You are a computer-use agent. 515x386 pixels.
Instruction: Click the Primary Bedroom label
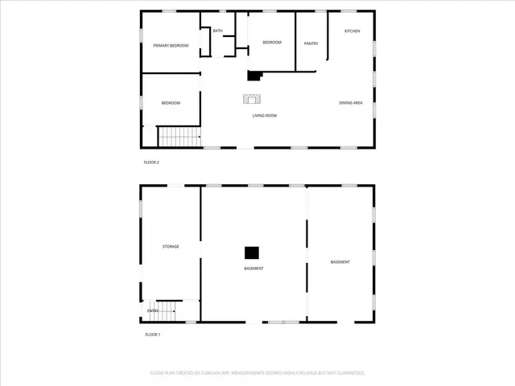pyautogui.click(x=171, y=46)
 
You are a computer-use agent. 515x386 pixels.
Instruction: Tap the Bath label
pyautogui.click(x=218, y=31)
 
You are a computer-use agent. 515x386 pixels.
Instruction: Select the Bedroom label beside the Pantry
pyautogui.click(x=271, y=43)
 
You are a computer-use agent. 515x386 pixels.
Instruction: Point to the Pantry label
pyautogui.click(x=311, y=43)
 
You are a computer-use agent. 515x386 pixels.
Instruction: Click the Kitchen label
pyautogui.click(x=352, y=31)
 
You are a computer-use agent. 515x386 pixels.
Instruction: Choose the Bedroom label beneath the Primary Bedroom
pyautogui.click(x=171, y=103)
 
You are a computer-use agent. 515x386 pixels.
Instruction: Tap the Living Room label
pyautogui.click(x=265, y=116)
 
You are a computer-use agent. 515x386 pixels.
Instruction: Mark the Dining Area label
pyautogui.click(x=351, y=103)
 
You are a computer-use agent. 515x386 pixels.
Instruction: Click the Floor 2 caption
pyautogui.click(x=151, y=163)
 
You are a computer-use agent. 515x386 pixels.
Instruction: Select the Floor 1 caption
pyautogui.click(x=153, y=334)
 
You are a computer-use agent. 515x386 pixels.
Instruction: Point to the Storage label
pyautogui.click(x=170, y=247)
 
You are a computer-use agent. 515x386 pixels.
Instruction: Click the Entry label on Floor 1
pyautogui.click(x=152, y=310)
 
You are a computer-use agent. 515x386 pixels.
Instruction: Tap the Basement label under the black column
pyautogui.click(x=253, y=268)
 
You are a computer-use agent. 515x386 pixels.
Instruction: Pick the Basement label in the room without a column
pyautogui.click(x=340, y=263)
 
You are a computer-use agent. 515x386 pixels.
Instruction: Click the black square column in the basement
pyautogui.click(x=253, y=252)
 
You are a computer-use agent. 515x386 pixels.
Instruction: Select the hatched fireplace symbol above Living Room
pyautogui.click(x=252, y=99)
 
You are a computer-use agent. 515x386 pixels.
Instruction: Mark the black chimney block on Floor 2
pyautogui.click(x=254, y=76)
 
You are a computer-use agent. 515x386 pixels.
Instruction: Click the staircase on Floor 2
pyautogui.click(x=178, y=137)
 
